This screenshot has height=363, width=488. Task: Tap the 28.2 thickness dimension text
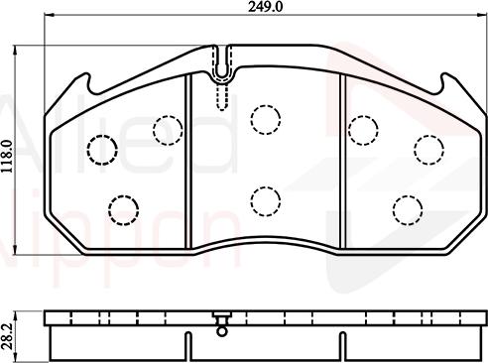click(x=7, y=330)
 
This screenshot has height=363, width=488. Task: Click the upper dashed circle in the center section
click(x=265, y=120)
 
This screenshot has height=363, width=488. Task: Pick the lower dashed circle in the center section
click(x=265, y=201)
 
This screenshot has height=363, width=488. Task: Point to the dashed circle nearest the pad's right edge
click(x=428, y=149)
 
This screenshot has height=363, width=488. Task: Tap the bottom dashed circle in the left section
click(x=123, y=208)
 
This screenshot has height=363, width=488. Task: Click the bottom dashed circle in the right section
click(x=407, y=208)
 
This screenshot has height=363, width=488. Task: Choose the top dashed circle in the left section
click(x=167, y=128)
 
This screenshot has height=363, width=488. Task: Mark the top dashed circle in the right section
click(x=363, y=128)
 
